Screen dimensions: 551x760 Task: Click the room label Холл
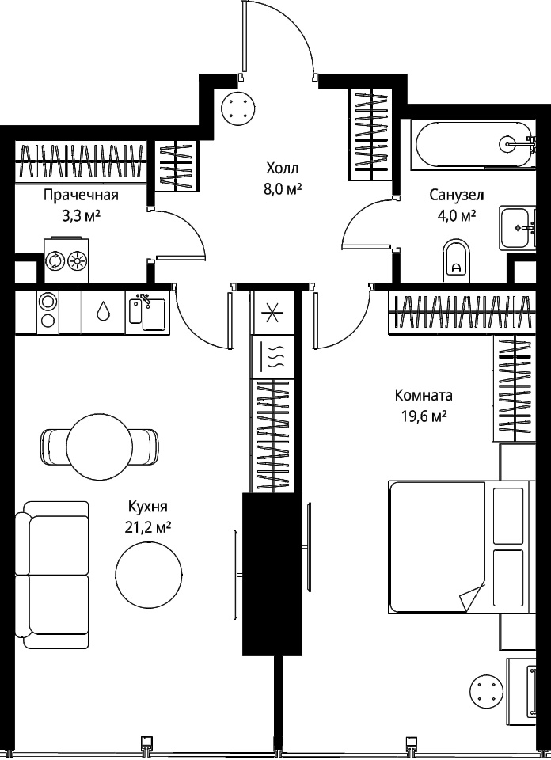click(x=283, y=169)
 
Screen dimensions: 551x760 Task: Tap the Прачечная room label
click(x=81, y=196)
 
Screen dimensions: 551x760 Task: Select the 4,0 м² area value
click(x=457, y=215)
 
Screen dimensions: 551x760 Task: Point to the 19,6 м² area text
click(x=424, y=416)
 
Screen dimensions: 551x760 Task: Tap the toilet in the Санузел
click(x=457, y=260)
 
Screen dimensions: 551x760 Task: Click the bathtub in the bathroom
click(x=473, y=144)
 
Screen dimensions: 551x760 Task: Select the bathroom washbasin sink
click(x=518, y=228)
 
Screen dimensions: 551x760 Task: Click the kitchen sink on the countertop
click(x=147, y=312)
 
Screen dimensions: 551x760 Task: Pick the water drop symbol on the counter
click(x=102, y=311)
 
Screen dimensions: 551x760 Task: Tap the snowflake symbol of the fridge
click(x=273, y=313)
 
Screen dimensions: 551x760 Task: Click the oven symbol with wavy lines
click(x=273, y=357)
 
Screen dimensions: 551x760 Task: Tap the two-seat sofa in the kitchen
click(x=51, y=575)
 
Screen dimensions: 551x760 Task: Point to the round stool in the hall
click(x=238, y=108)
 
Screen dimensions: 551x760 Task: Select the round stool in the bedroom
click(x=486, y=690)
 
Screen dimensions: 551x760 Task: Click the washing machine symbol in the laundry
click(x=55, y=261)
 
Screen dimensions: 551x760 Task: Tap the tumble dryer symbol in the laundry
click(x=78, y=261)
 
